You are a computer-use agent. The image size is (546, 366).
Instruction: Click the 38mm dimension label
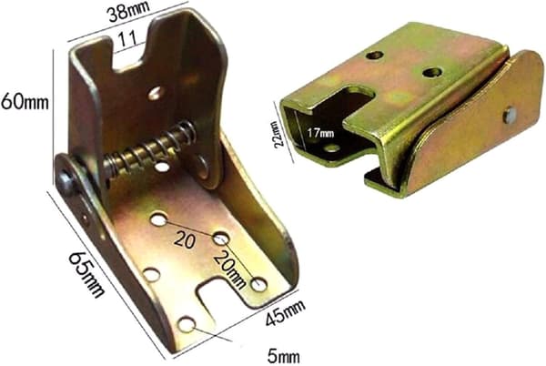tap(128, 12)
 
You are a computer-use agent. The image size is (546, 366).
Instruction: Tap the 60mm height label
tap(25, 102)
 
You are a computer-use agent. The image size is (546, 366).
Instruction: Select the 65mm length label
tap(87, 275)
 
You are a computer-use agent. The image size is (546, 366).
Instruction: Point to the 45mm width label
tap(285, 312)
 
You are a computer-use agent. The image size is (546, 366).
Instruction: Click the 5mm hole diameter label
tap(283, 356)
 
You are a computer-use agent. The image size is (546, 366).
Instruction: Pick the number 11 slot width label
tap(127, 39)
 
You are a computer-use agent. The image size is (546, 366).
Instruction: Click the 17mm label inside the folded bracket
tap(320, 133)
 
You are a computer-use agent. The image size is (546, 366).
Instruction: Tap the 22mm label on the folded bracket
tap(278, 135)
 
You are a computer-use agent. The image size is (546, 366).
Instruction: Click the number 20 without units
tap(184, 239)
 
